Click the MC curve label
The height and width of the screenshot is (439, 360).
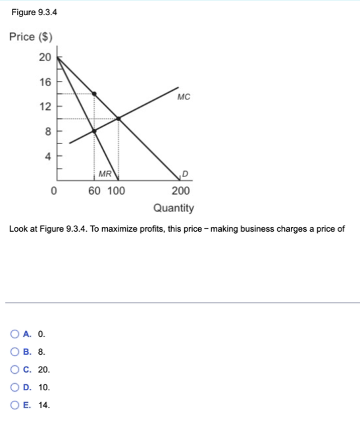coord(184,97)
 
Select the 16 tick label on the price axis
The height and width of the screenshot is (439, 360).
coord(45,82)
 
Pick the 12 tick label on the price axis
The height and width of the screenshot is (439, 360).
coord(45,107)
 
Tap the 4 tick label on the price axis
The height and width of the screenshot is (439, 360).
coord(47,156)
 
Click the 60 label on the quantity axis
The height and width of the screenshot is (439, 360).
coord(95,192)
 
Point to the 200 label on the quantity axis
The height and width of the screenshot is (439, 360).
coord(180,192)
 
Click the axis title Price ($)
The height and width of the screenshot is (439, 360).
coord(31,36)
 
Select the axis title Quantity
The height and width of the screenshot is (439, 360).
coord(174,208)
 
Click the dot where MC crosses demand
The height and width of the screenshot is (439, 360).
coord(118,118)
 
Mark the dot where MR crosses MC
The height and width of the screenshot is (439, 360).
coord(94,131)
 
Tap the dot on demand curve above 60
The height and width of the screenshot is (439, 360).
coord(94,93)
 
